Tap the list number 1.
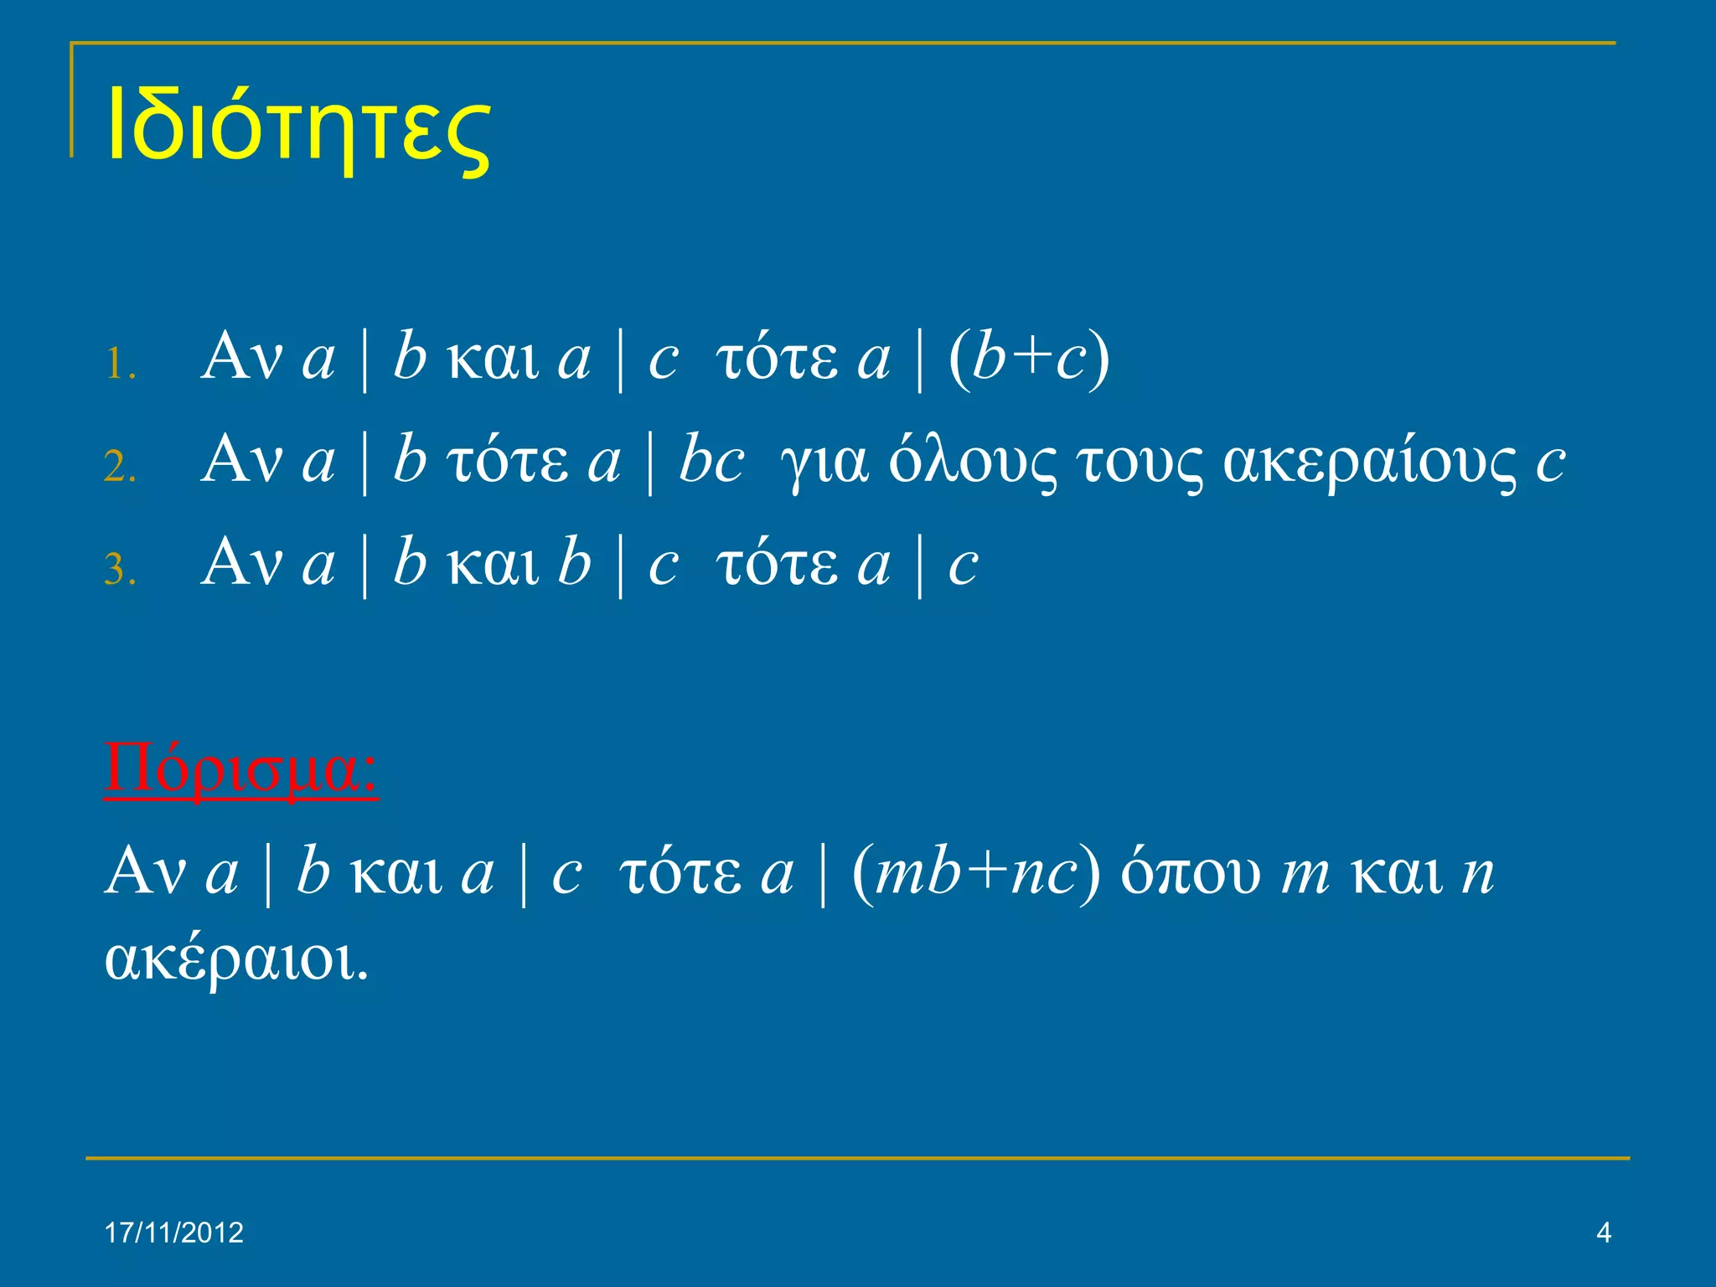coord(121,364)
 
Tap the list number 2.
coord(121,467)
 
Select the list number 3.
coord(121,570)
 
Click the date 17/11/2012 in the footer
coord(174,1233)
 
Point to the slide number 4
coord(1604,1233)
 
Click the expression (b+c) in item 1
coord(1029,359)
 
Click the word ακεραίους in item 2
coord(1369,462)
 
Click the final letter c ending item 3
coord(963,565)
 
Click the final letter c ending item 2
coord(1550,463)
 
